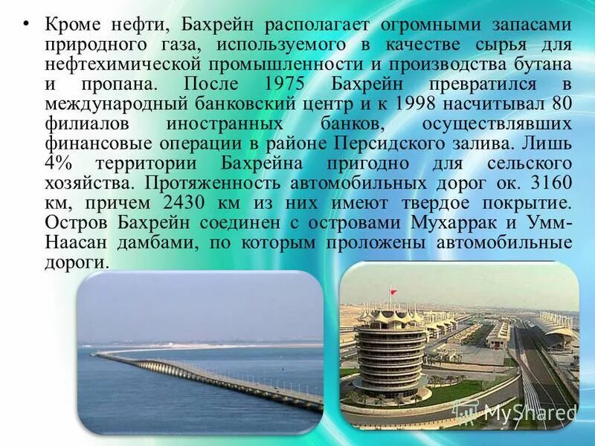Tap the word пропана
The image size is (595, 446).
coord(105,83)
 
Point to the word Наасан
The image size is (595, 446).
coord(76,242)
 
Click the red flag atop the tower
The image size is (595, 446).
coord(393,287)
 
